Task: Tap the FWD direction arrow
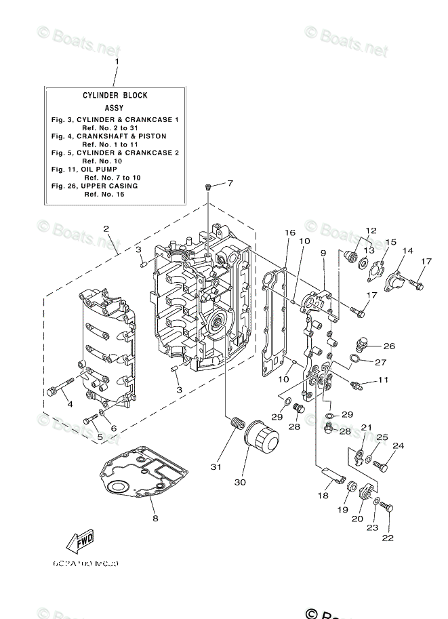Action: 81,542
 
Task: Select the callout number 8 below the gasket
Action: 156,519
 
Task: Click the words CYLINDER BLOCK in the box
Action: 115,96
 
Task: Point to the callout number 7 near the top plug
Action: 230,183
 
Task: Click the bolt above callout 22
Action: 386,507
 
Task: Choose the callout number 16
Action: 289,233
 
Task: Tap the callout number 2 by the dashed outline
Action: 106,228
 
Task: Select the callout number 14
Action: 408,251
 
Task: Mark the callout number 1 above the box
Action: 116,62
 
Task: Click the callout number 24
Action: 398,445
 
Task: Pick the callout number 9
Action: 324,253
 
